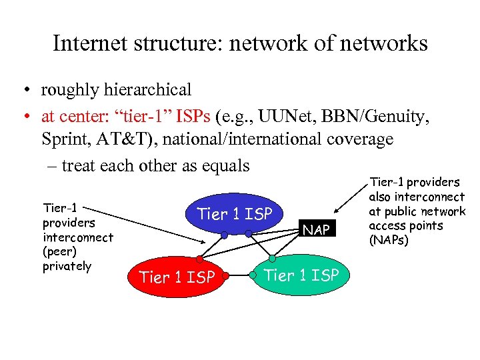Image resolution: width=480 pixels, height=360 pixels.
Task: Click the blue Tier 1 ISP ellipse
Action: [235, 213]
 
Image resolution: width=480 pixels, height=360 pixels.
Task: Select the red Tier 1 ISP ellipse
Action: [177, 276]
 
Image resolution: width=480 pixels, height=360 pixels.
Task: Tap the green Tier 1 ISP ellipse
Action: [301, 274]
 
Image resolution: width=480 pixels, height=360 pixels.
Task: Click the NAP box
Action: [316, 229]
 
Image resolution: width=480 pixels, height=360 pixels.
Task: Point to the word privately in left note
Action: [67, 266]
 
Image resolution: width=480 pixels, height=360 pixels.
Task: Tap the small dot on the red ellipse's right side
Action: [226, 275]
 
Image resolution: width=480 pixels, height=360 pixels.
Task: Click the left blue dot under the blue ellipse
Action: [225, 235]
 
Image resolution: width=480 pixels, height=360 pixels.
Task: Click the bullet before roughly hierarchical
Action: [25, 90]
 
